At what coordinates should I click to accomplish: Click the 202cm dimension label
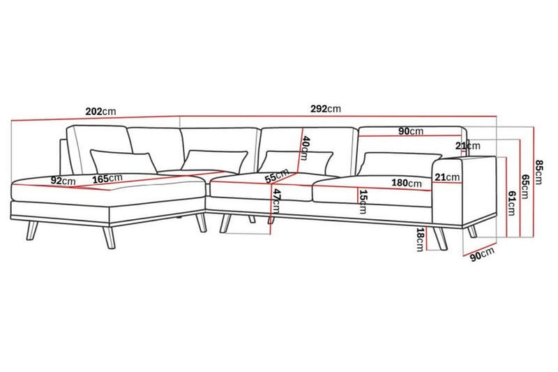coord(100,112)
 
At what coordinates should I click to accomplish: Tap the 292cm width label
coord(326,109)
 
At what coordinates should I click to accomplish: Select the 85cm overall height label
coord(538,172)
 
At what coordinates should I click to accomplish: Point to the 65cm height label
coord(525,186)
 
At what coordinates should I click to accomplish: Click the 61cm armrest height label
coord(511,203)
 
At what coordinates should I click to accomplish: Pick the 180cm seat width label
coord(407,183)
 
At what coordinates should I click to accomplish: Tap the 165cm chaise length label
coord(107,179)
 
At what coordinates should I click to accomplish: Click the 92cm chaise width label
coord(63,181)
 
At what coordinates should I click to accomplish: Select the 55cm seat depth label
coord(277,176)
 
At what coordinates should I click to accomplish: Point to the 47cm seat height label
coord(276,202)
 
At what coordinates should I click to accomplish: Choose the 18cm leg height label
coord(421,240)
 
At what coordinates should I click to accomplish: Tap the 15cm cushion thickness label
coord(363,202)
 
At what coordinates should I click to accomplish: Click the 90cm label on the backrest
coord(411,131)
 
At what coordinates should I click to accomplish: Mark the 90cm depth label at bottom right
coord(483,254)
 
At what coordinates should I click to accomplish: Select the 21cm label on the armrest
coord(447,177)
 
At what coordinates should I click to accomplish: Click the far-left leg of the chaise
coord(32,231)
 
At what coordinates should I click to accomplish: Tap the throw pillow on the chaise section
coord(123,161)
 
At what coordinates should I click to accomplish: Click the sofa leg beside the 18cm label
coord(440,238)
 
